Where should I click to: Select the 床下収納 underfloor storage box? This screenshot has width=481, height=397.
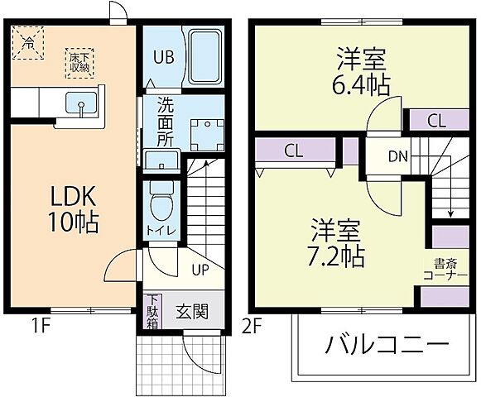point(80,62)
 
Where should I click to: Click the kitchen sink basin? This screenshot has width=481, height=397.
point(81,104)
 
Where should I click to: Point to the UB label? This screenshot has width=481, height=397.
point(161,59)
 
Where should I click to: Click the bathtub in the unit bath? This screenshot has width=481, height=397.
point(203,57)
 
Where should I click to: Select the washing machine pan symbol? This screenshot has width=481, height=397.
point(203,133)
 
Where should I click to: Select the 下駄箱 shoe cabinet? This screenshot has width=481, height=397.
point(153,312)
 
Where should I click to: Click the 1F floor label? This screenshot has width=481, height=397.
point(44,325)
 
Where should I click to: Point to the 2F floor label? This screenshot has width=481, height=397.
point(253,325)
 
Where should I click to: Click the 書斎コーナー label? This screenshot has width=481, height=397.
point(450,270)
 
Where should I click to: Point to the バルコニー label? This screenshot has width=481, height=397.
point(386,345)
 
